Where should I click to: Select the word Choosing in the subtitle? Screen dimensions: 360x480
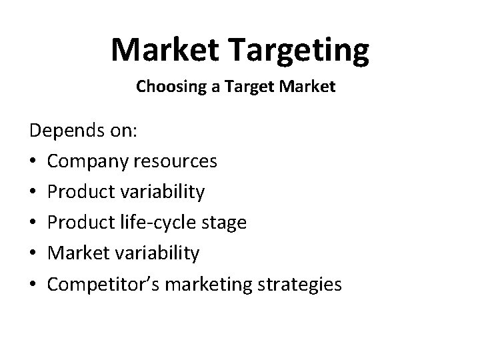(165, 87)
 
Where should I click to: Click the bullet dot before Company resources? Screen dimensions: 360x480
(34, 162)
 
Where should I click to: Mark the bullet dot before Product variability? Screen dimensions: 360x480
(34, 193)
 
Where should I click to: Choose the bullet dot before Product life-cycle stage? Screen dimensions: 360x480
(34, 223)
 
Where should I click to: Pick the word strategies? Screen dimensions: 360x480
(299, 285)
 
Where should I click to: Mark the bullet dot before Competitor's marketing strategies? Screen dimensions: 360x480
(34, 285)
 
